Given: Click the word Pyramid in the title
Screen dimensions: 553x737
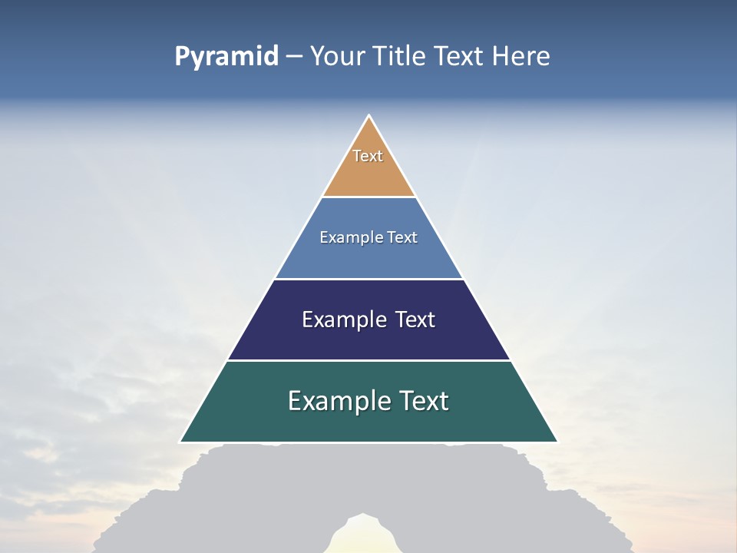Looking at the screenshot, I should tap(226, 56).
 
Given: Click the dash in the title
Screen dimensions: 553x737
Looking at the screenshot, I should tap(293, 57).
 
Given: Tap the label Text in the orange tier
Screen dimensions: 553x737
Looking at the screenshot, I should tap(368, 156).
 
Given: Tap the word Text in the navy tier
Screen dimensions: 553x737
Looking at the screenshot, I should tap(415, 320).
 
